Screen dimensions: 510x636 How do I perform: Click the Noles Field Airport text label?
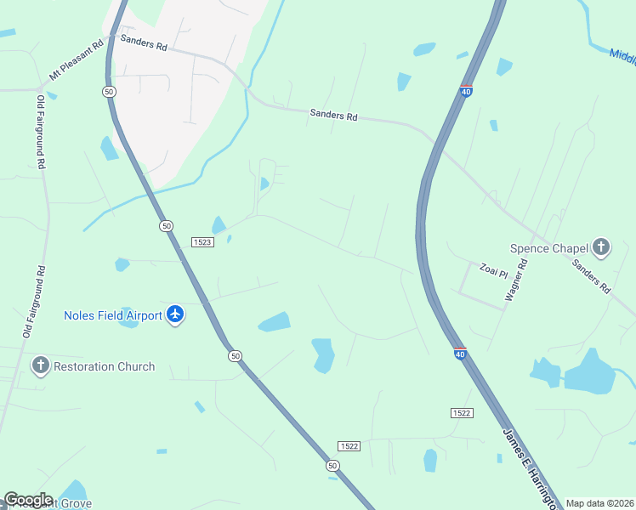coord(113,315)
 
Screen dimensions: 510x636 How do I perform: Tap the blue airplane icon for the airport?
coord(176,315)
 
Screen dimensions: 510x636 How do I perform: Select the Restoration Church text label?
coord(104,366)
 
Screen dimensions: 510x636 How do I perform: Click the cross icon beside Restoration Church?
coord(40,366)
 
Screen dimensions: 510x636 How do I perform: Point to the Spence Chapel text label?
coord(549,248)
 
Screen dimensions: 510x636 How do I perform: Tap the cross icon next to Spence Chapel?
coord(601,248)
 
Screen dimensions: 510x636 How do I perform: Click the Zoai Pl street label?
coord(493,270)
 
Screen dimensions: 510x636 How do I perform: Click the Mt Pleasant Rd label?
coord(77,59)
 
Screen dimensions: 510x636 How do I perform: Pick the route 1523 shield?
coord(201,241)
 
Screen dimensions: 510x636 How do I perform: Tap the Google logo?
coord(28,500)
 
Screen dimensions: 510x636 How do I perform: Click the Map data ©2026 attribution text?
coord(599,503)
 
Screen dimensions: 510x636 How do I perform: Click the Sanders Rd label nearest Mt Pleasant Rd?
coord(144,42)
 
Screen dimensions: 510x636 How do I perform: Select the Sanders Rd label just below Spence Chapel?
coord(592,277)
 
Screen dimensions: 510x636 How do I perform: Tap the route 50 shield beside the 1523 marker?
coord(166,225)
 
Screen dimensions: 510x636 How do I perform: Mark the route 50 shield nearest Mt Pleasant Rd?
coord(108,91)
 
